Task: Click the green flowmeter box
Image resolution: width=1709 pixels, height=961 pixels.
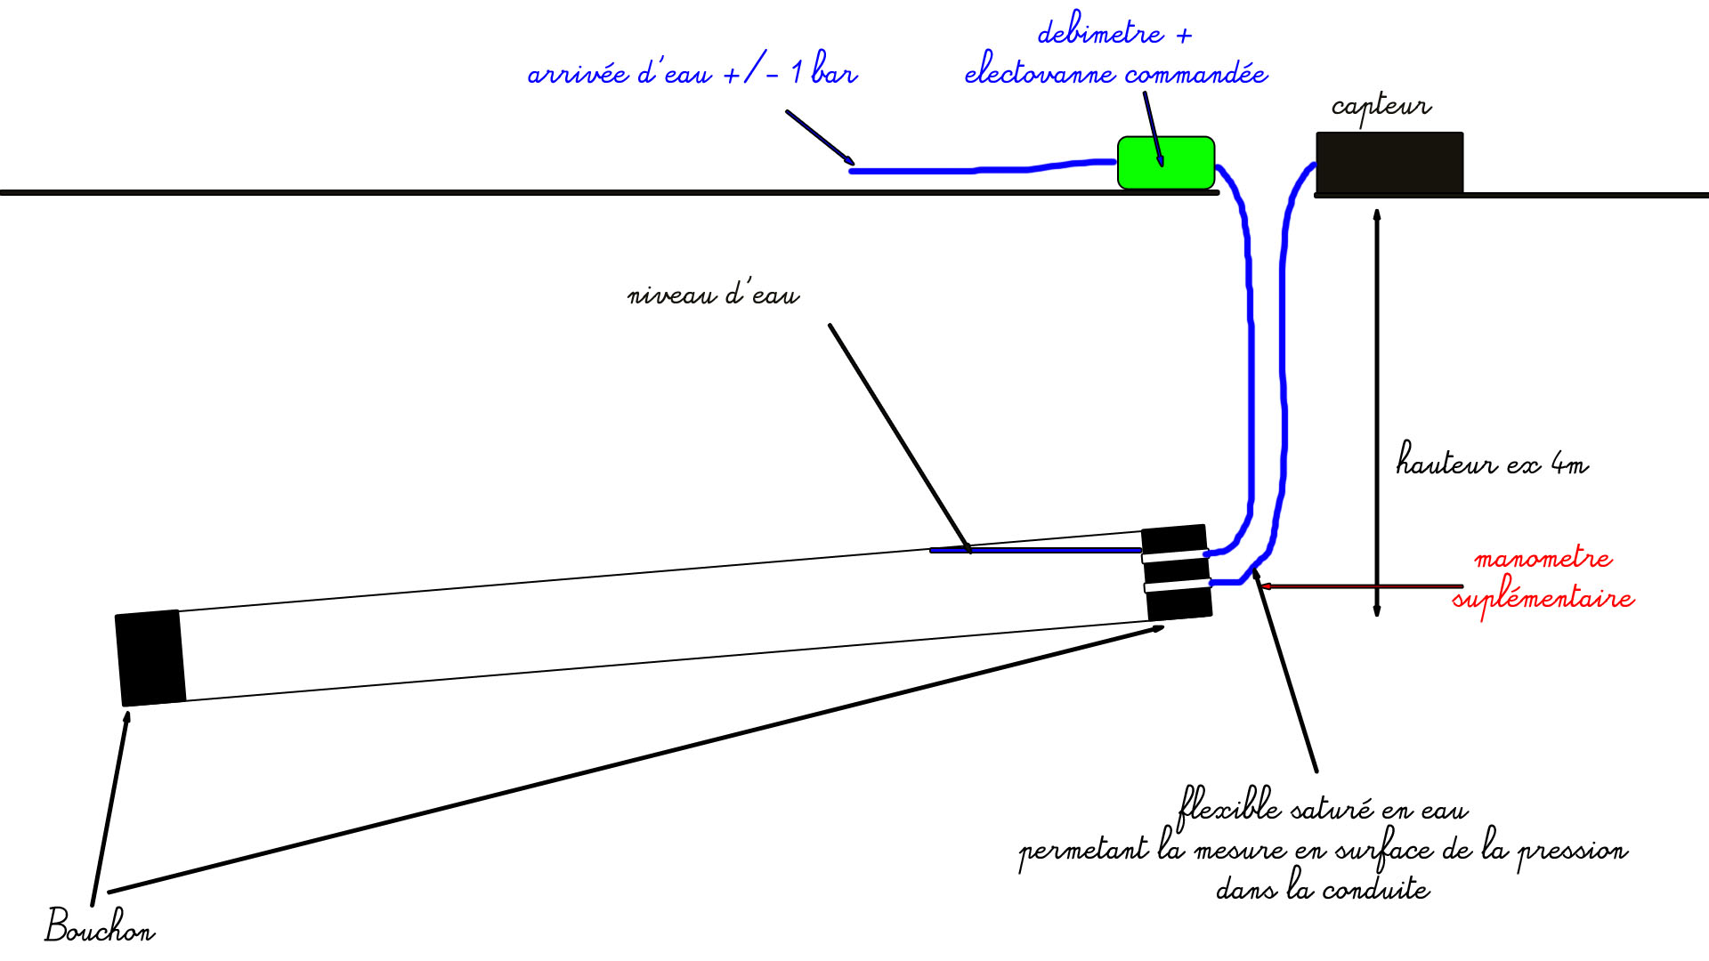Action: coord(1165,163)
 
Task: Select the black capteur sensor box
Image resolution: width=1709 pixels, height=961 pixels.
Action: coord(1389,163)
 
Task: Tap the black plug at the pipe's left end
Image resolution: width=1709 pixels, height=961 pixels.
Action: coord(150,658)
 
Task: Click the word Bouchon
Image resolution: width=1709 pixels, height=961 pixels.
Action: coord(100,926)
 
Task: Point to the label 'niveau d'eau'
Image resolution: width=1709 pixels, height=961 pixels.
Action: coord(713,295)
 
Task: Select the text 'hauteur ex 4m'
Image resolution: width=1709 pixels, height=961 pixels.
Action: coord(1492,462)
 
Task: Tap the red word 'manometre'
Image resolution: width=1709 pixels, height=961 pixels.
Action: coord(1543,559)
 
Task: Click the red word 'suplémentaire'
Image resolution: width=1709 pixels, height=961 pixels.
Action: coord(1543,598)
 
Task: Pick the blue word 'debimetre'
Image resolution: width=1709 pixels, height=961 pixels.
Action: coord(1100,34)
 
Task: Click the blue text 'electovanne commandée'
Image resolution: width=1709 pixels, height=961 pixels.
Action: coord(1115,73)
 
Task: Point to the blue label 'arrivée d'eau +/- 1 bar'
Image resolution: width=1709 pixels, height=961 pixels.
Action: coord(693,72)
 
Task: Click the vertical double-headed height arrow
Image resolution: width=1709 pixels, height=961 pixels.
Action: coord(1377,409)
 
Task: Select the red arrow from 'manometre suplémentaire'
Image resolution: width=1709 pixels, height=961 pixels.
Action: coord(1362,586)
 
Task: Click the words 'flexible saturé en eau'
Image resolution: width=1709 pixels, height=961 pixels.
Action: coord(1322,809)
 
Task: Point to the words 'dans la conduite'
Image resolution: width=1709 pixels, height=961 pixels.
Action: coord(1323,889)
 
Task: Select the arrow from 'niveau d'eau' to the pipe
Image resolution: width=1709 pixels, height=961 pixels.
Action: coord(899,436)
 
